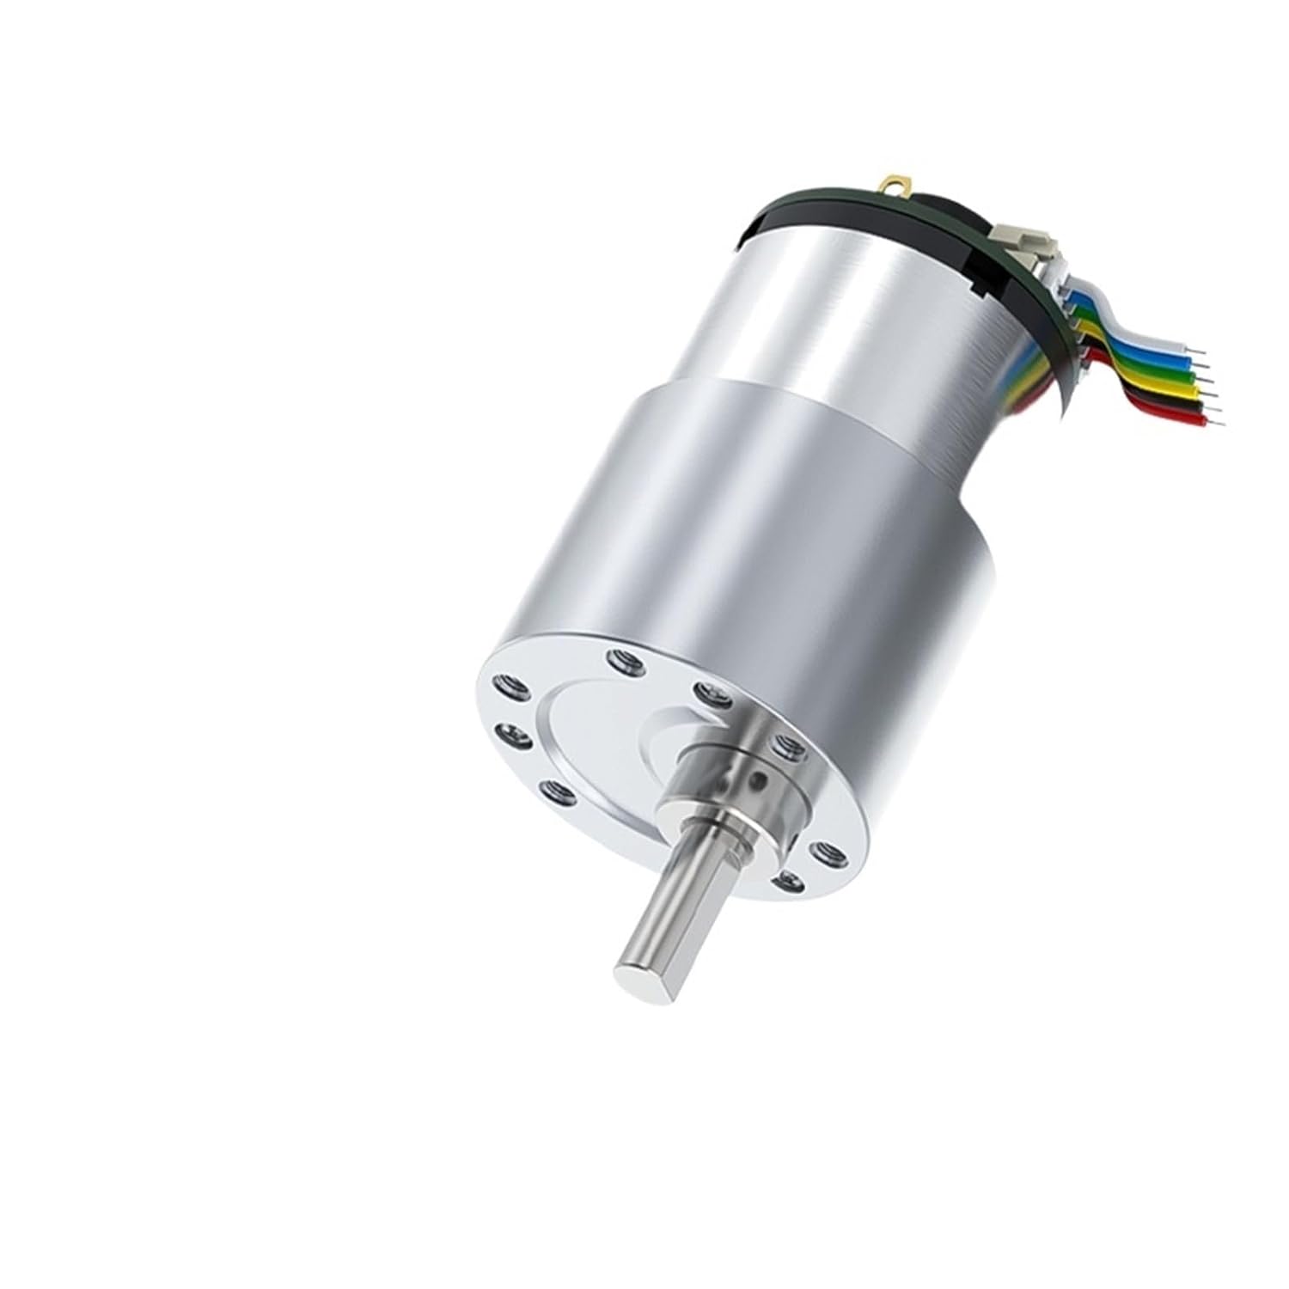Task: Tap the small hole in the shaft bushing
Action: click(757, 778)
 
